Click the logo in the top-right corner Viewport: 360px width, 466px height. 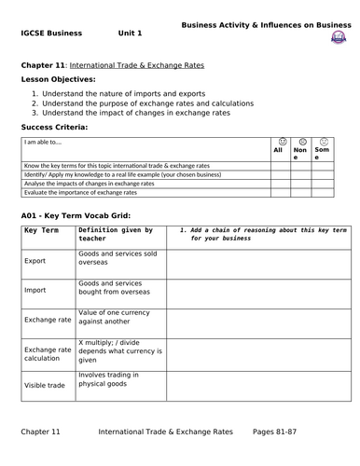pyautogui.click(x=337, y=37)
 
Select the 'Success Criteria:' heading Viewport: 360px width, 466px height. pyautogui.click(x=54, y=126)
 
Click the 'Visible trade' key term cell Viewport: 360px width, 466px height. pyautogui.click(x=44, y=383)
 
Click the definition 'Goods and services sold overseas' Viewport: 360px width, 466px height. pyautogui.click(x=118, y=258)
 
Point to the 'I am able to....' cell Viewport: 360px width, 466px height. pyautogui.click(x=45, y=143)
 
